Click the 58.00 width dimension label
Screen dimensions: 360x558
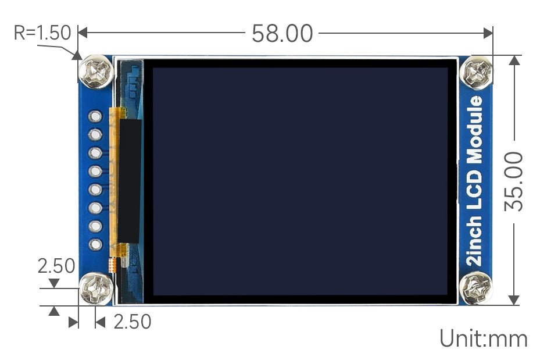pos(282,34)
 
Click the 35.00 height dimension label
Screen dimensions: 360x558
pos(514,181)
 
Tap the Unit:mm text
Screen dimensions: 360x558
pos(483,338)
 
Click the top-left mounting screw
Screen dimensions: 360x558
pos(96,72)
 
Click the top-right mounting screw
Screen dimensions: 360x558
pos(476,73)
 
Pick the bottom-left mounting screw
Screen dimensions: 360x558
pos(96,288)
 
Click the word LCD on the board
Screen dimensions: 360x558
pos(475,188)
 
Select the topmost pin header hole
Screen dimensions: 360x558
pos(95,116)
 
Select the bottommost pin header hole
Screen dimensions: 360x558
pos(95,244)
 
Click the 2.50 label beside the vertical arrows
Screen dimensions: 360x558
pos(56,266)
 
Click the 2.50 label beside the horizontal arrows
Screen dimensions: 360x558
pos(133,322)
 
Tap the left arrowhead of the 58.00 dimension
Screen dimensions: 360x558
pos(83,33)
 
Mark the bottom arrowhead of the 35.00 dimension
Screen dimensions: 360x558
pos(514,300)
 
